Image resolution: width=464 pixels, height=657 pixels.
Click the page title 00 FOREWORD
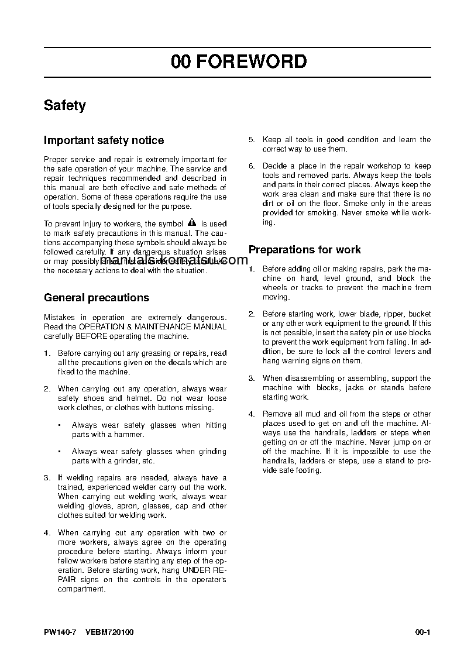239,62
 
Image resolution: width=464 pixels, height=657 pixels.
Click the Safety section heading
65,106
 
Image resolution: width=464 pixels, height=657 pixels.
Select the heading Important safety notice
104,140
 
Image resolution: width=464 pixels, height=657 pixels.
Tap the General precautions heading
97,298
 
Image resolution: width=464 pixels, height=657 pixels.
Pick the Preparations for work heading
304,250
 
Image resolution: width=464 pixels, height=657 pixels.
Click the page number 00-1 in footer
422,632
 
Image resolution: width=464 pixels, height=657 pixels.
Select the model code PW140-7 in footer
60,632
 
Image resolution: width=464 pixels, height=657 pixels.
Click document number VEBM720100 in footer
109,632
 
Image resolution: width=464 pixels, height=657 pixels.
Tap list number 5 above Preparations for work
252,140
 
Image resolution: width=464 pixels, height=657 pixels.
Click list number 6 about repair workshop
252,166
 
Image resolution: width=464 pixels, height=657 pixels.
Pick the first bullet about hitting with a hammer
60,425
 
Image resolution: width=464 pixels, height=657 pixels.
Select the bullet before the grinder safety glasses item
60,452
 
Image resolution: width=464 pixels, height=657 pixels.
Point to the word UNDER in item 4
196,570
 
